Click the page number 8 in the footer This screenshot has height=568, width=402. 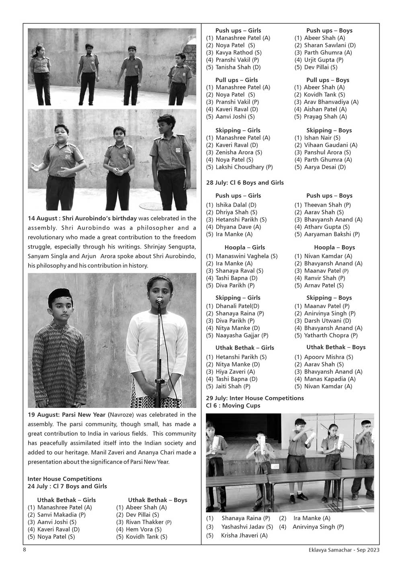[x=25, y=550]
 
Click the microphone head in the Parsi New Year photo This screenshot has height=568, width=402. [x=159, y=300]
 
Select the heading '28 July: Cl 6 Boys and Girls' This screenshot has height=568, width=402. [x=245, y=182]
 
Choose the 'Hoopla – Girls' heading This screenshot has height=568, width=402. [x=244, y=247]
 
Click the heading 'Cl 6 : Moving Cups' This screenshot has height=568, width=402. [x=233, y=406]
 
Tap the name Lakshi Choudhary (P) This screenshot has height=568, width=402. [x=244, y=167]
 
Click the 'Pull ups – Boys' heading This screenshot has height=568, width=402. [x=328, y=80]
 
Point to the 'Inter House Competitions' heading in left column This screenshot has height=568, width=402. [x=65, y=479]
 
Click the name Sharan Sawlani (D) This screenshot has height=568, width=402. [x=330, y=45]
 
